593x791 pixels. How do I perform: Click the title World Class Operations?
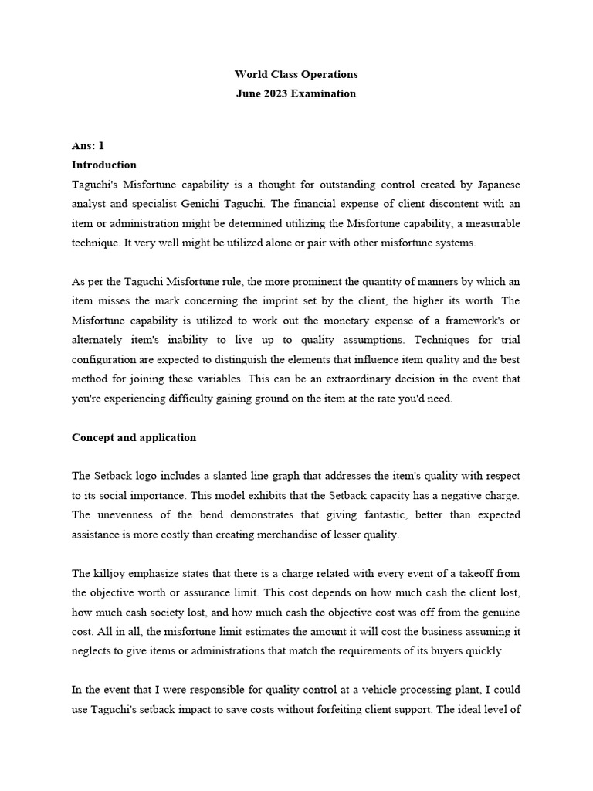(296, 75)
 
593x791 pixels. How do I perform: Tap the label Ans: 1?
(87, 145)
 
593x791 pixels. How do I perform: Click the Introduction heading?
(104, 165)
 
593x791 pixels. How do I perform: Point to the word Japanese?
(494, 185)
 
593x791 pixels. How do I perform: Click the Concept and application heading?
(134, 437)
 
